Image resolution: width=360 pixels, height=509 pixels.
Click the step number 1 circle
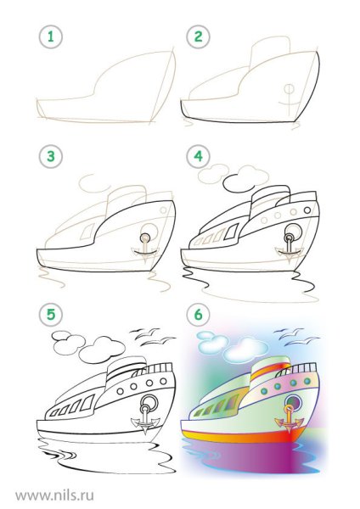50,36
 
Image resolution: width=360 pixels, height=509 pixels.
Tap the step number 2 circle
198,36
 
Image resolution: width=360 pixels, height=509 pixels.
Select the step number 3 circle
50,156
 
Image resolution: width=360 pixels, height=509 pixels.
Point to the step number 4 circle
198,156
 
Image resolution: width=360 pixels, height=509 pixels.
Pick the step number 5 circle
50,314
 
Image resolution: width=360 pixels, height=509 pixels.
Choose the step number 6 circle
198,314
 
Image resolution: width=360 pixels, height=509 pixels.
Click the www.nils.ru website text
54,495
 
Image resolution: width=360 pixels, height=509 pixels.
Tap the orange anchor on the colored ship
289,419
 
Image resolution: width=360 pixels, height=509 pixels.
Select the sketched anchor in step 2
289,100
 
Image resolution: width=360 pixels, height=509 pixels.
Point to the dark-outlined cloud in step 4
239,184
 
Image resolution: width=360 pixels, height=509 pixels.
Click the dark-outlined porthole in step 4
307,210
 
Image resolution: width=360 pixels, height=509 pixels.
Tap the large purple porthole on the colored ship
294,402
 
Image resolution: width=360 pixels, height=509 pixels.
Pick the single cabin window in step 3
87,232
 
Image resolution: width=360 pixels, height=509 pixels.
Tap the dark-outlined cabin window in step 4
231,232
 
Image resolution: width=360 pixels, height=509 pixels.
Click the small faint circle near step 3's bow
163,210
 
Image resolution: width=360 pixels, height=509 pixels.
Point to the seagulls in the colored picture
296,337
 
